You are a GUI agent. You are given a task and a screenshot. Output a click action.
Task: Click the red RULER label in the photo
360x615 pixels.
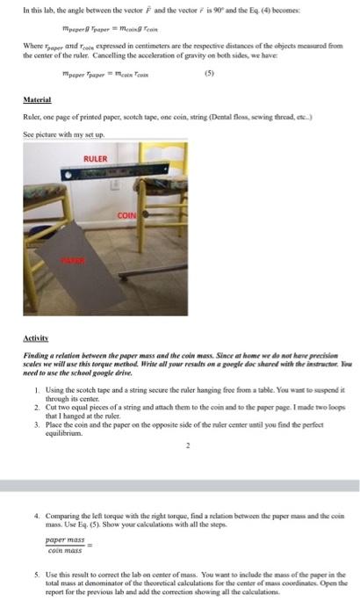click(94, 159)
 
